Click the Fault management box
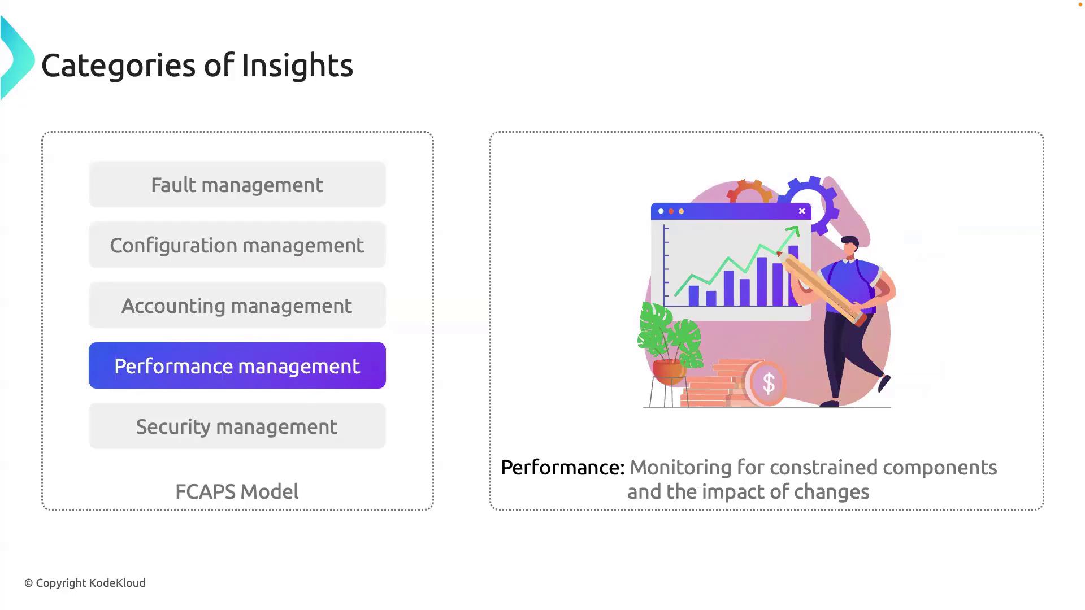click(x=237, y=185)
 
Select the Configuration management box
click(x=237, y=245)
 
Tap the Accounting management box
click(x=237, y=306)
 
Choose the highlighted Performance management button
click(x=237, y=365)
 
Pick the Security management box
click(x=237, y=426)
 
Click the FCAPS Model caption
click(x=237, y=491)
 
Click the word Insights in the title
click(x=297, y=65)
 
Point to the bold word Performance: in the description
click(x=563, y=468)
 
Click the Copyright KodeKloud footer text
click(x=85, y=583)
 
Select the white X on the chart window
click(x=802, y=211)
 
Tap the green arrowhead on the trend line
click(x=793, y=231)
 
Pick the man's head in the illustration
click(x=849, y=246)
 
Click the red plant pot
click(x=669, y=371)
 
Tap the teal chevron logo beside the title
click(x=18, y=58)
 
